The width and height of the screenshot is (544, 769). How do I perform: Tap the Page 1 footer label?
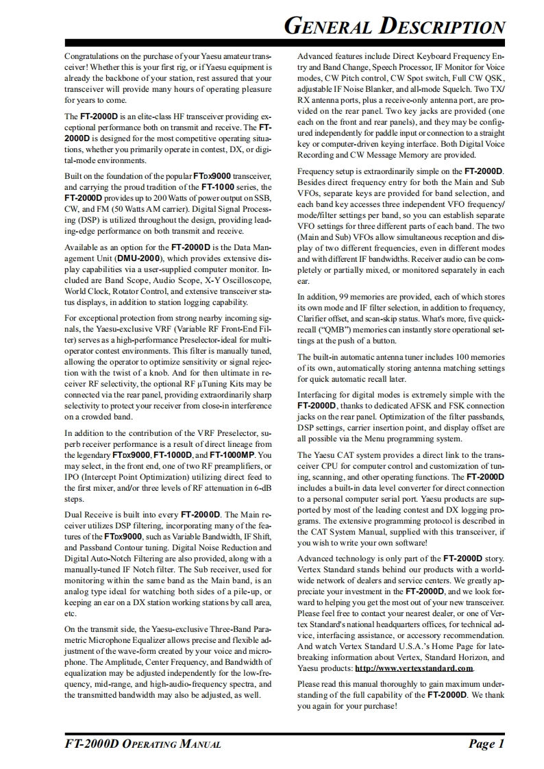click(x=486, y=744)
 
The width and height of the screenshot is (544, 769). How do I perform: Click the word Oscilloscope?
click(x=247, y=280)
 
